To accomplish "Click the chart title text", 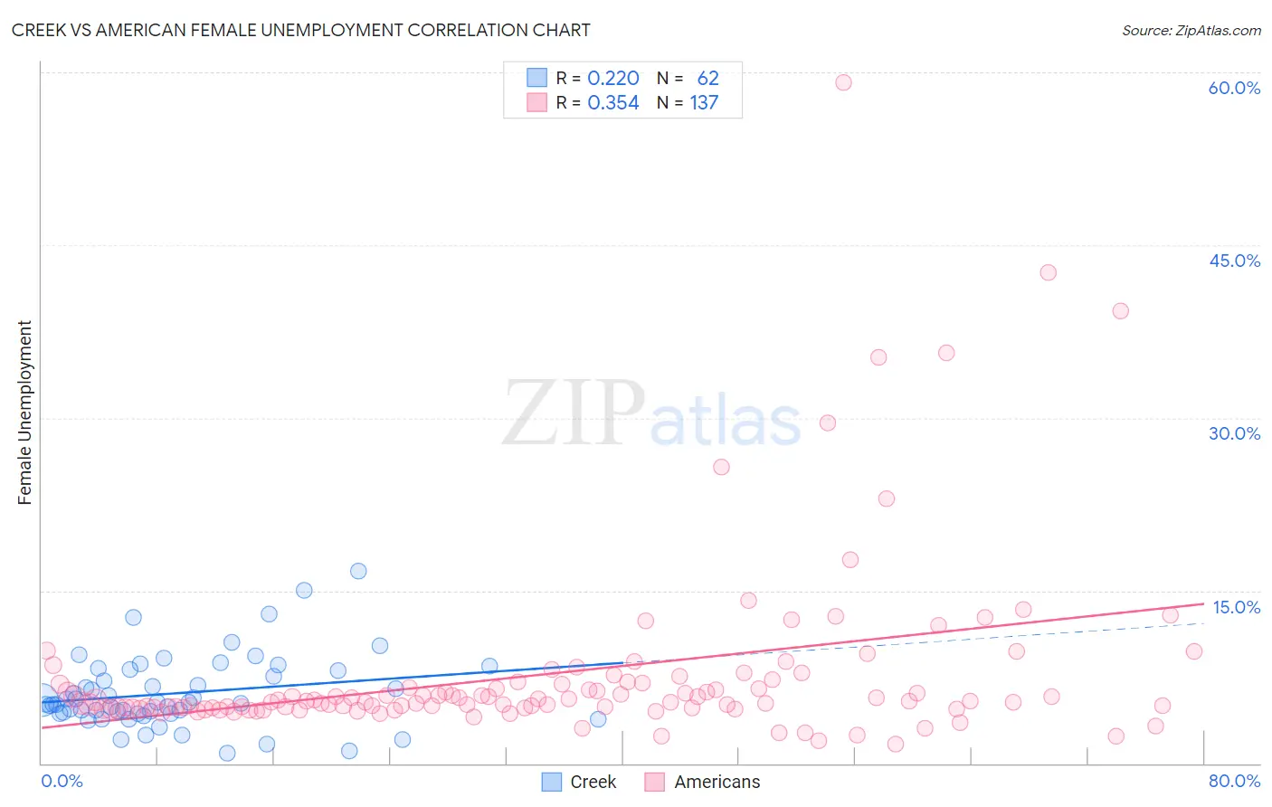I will point(301,30).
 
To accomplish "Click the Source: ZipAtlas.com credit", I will point(1191,30).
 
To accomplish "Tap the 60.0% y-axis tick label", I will point(1234,88).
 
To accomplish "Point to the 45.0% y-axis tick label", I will point(1234,261).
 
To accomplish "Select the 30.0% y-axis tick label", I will point(1234,433).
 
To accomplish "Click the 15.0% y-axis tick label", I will point(1236,607).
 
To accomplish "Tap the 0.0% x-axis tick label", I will point(62,781).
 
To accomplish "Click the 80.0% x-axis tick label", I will point(1234,781).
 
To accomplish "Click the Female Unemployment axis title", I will point(24,413).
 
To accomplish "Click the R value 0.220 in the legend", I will point(613,79).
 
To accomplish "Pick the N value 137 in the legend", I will point(704,103).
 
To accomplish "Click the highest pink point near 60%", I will point(843,82).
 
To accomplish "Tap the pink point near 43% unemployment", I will point(1048,272).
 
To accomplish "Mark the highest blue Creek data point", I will point(358,571).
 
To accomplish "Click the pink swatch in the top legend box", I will point(537,103).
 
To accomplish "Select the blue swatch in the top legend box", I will point(537,79).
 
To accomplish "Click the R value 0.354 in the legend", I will point(613,103).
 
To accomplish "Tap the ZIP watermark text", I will point(573,414).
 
